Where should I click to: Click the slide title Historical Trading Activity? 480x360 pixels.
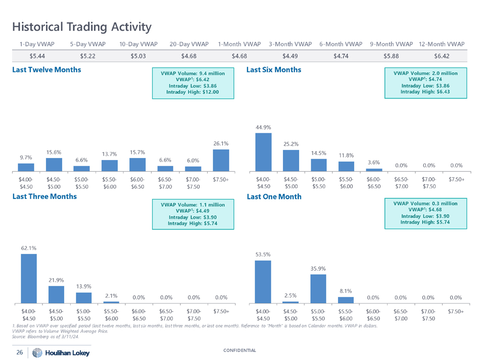81,26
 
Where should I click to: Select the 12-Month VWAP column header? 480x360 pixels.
442,44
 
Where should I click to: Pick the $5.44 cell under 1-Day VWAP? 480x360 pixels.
37,56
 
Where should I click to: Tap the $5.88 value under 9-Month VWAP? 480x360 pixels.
392,56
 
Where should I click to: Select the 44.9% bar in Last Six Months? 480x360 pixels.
263,152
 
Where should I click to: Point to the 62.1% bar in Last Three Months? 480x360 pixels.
28,277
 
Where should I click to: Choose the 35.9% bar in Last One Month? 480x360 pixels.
318,288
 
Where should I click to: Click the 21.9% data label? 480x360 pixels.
56,280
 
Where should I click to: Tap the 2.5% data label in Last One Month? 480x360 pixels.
290,295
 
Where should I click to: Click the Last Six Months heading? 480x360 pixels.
273,70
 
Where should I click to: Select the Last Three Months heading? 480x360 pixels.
44,196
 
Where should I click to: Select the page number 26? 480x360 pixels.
19,352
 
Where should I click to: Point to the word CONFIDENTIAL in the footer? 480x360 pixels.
239,350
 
